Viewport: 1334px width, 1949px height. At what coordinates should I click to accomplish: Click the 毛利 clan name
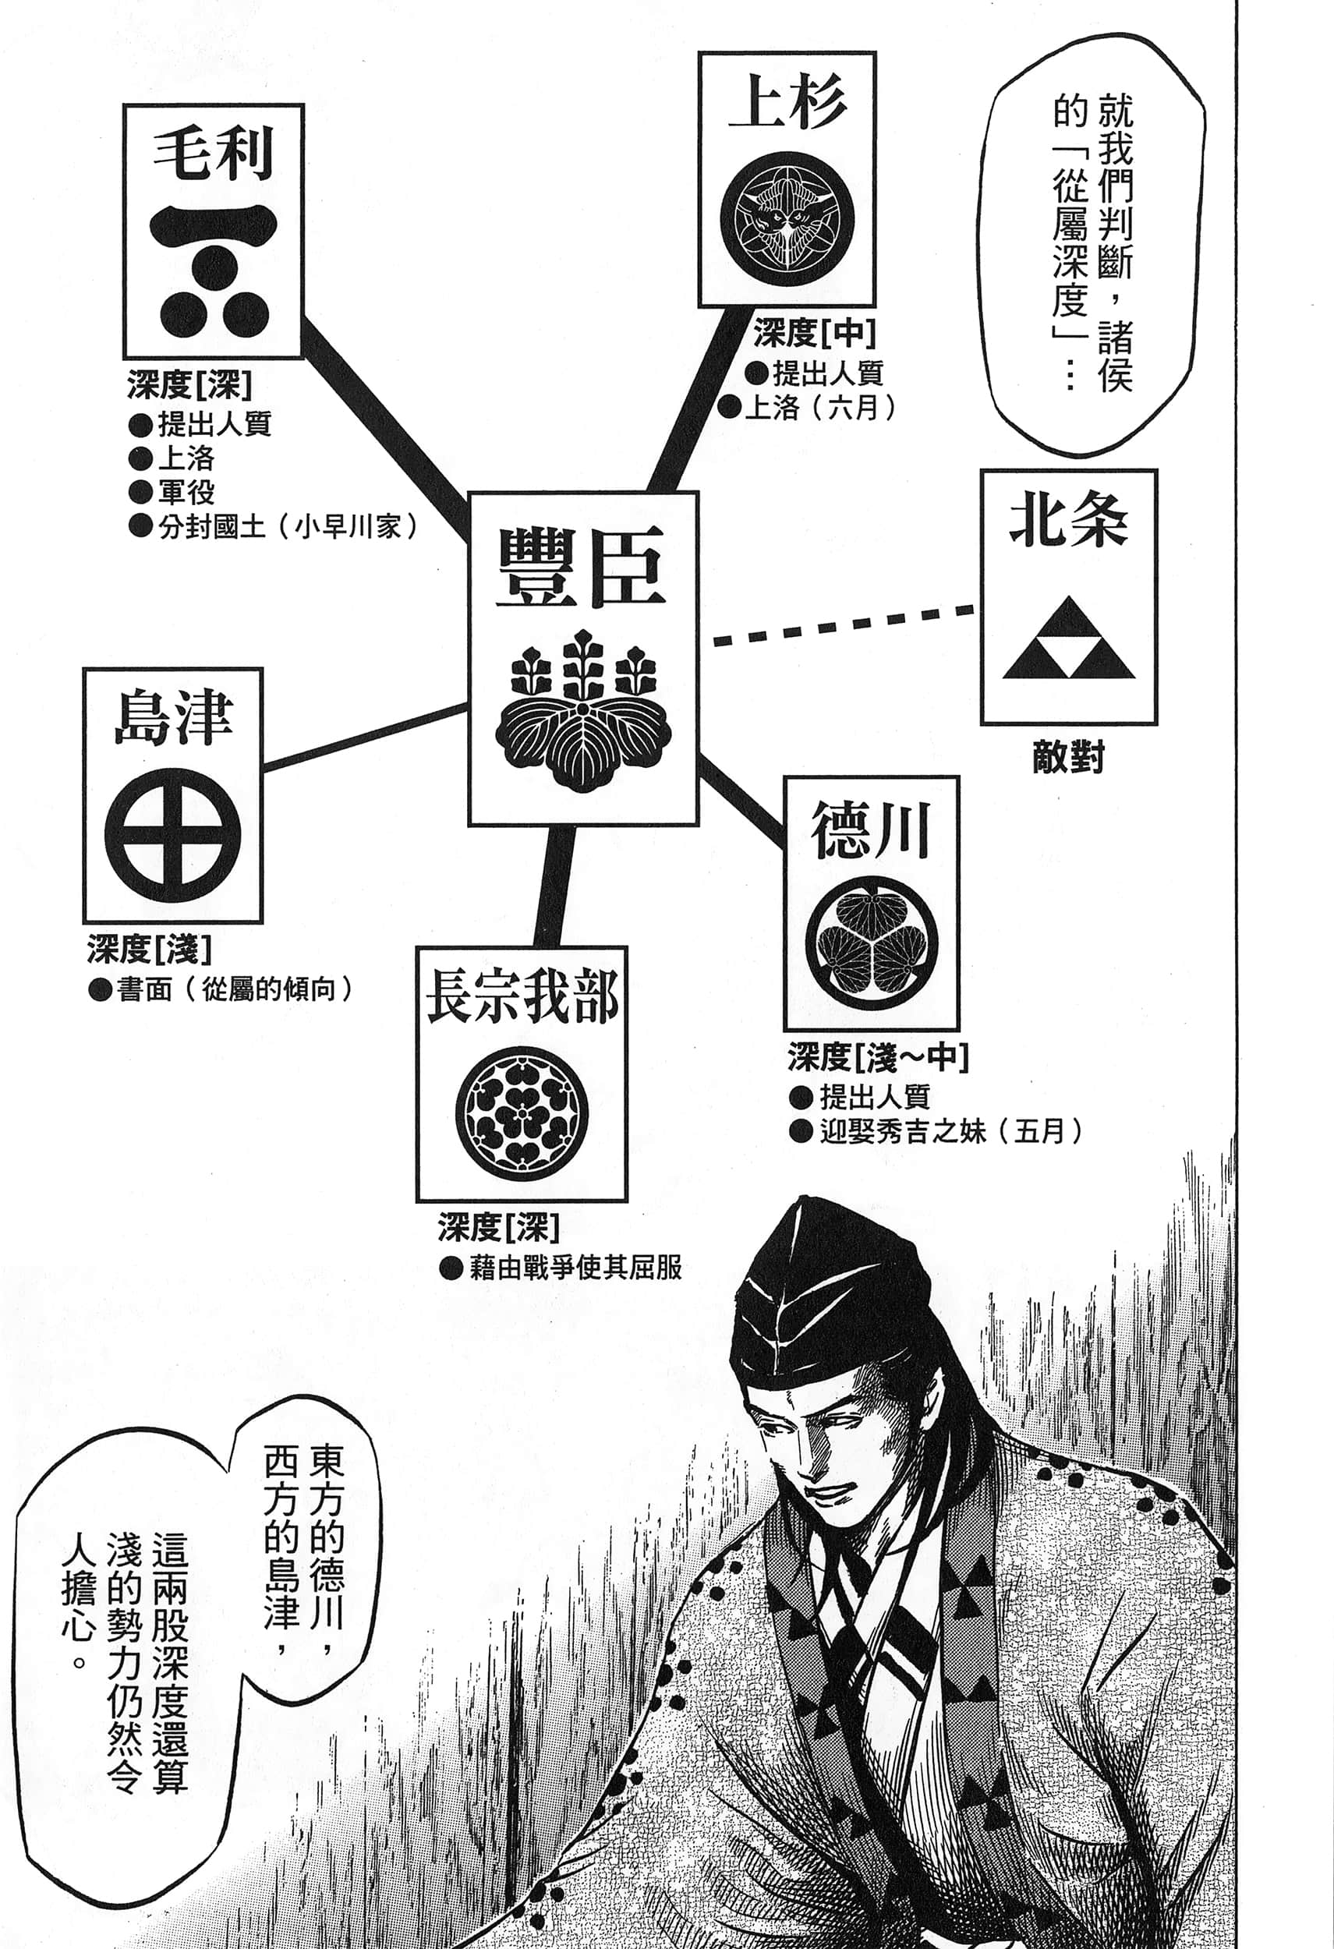(213, 155)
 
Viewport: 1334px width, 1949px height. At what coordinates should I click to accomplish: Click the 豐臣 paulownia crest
(582, 712)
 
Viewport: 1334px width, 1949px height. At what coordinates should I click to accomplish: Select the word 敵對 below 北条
(1068, 758)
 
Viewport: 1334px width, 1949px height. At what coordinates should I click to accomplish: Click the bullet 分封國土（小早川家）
(274, 527)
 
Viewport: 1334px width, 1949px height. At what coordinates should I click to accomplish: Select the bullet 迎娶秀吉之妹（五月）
(936, 1132)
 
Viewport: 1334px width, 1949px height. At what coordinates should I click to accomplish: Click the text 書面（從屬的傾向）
(221, 989)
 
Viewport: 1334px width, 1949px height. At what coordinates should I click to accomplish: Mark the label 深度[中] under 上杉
(814, 334)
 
